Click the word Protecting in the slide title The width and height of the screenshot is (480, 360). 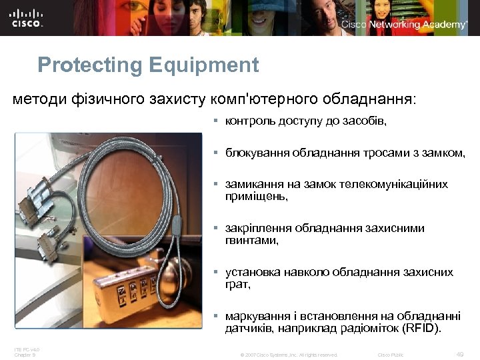tap(91, 65)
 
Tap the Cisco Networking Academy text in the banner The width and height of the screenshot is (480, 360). tap(404, 25)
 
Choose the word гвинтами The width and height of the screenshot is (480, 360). tap(252, 241)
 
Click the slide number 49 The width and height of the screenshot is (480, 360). tap(459, 353)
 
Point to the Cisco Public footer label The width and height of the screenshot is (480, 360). tap(391, 354)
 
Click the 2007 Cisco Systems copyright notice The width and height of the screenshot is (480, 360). tap(289, 354)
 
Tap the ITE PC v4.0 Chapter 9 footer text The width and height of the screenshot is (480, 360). tap(27, 351)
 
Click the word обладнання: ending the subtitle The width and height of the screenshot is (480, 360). tap(369, 99)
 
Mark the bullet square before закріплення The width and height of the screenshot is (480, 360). tap(216, 229)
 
